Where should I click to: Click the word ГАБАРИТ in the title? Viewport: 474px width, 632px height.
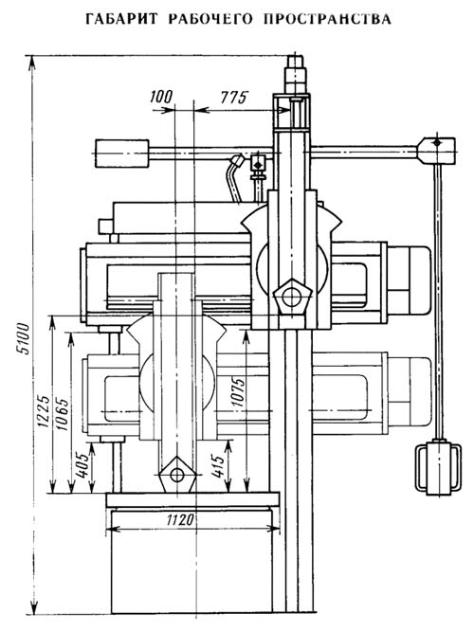point(121,19)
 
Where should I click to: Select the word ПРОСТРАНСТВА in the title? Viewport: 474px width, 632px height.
point(327,19)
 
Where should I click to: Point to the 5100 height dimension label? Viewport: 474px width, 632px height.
point(25,338)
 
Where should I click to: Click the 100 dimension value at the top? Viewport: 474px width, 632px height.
point(161,97)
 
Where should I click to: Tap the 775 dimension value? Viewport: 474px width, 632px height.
point(233,98)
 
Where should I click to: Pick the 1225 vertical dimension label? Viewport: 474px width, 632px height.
point(44,410)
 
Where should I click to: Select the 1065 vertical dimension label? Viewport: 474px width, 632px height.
point(62,414)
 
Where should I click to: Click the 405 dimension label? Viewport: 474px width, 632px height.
point(82,464)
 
